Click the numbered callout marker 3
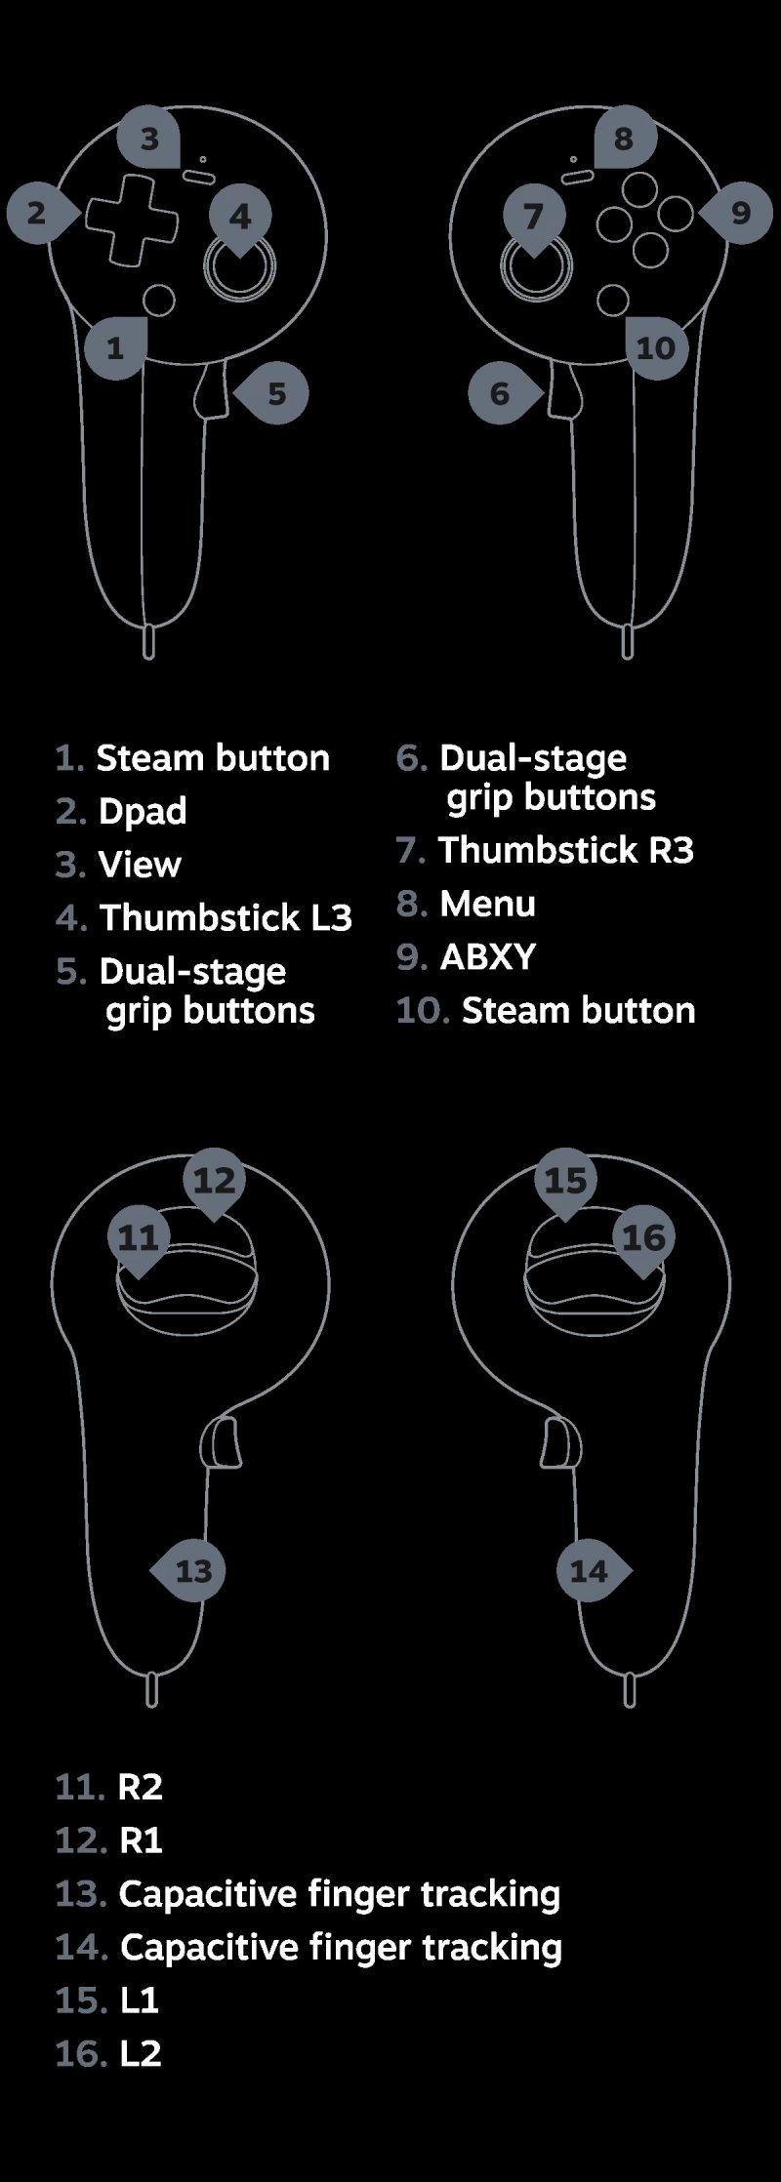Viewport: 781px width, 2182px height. point(149,140)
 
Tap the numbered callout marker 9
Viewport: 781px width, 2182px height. point(740,213)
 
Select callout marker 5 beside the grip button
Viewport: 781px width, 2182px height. point(276,393)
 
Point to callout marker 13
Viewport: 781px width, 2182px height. point(193,1570)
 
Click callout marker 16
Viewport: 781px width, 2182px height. point(642,1237)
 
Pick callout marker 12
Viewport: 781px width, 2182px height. point(215,1181)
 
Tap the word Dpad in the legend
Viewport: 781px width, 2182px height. point(143,811)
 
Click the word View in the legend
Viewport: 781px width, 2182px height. point(140,865)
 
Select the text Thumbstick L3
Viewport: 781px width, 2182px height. point(226,917)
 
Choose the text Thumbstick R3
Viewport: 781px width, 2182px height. point(566,850)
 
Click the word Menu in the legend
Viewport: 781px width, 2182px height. point(487,904)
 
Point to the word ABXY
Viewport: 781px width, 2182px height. point(488,956)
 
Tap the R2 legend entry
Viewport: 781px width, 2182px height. point(140,1787)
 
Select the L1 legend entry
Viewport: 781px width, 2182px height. point(140,2000)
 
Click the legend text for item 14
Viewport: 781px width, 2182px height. point(341,1947)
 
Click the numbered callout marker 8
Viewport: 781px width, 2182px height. point(623,140)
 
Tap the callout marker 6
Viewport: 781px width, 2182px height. point(501,393)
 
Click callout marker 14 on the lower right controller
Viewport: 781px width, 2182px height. point(589,1570)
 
